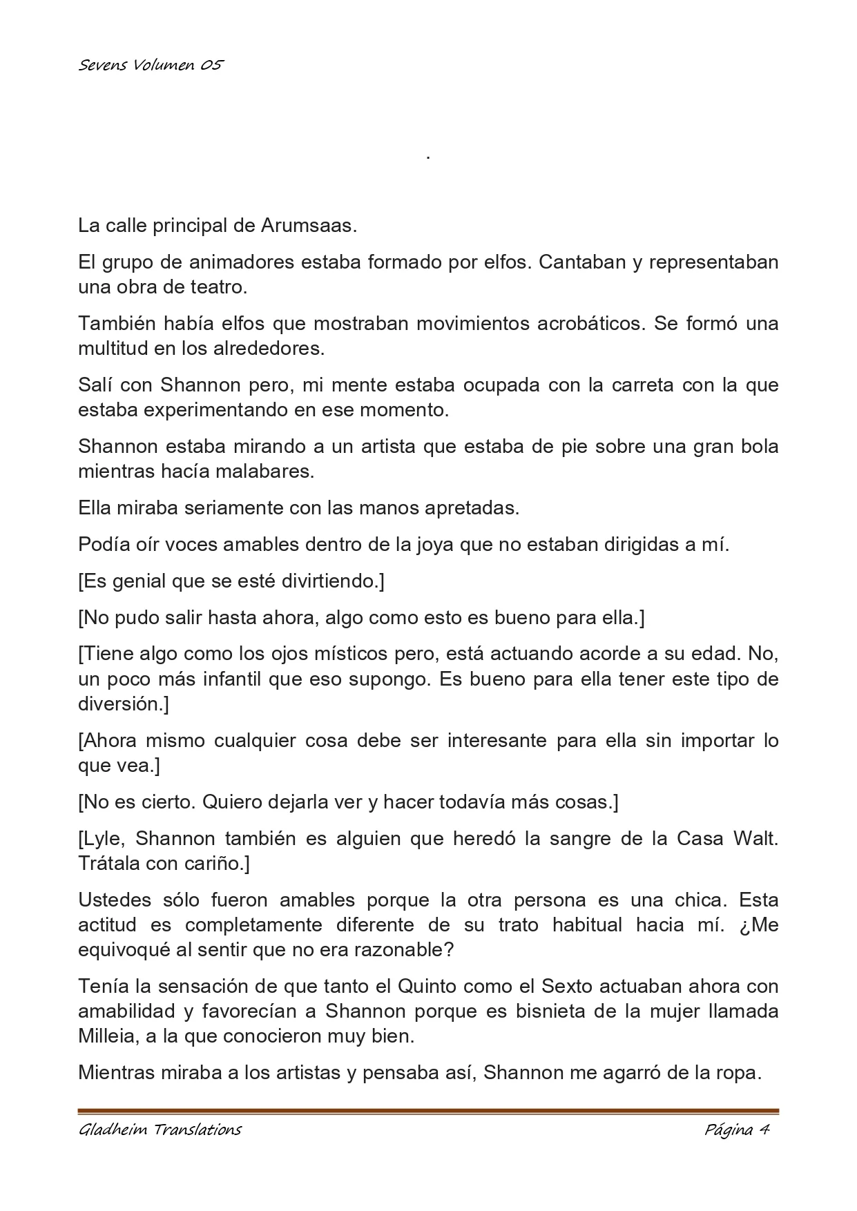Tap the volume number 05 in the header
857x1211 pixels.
tap(213, 66)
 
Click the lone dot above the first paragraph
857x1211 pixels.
tap(428, 158)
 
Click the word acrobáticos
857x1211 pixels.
tap(590, 324)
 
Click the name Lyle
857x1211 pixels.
tap(102, 839)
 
